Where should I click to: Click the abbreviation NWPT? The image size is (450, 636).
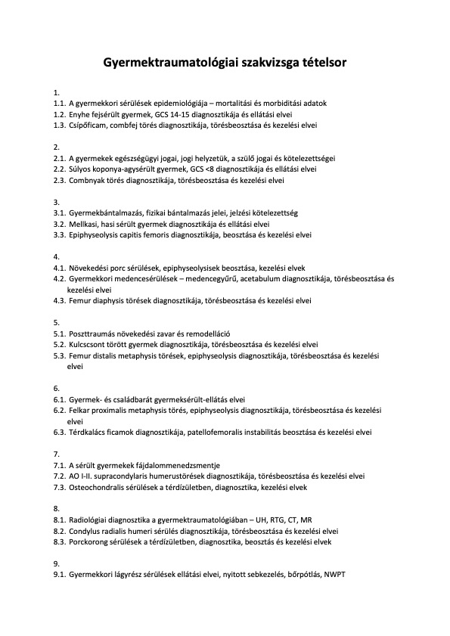333,576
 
